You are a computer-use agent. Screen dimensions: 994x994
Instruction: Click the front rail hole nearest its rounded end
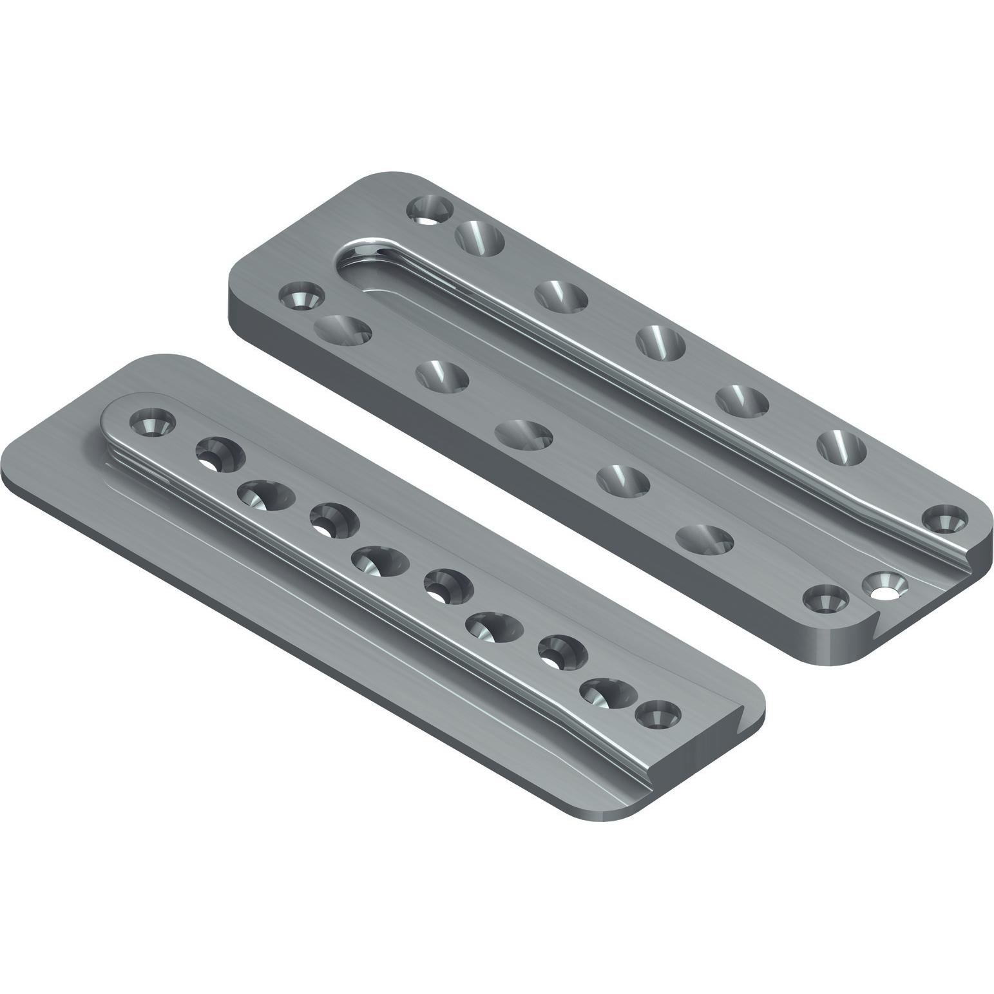tap(153, 423)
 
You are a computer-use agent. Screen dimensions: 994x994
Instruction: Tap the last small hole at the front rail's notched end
tap(659, 715)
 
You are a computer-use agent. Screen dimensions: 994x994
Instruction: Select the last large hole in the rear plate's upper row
tap(841, 446)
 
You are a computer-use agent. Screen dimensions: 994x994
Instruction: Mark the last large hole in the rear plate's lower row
tap(705, 539)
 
